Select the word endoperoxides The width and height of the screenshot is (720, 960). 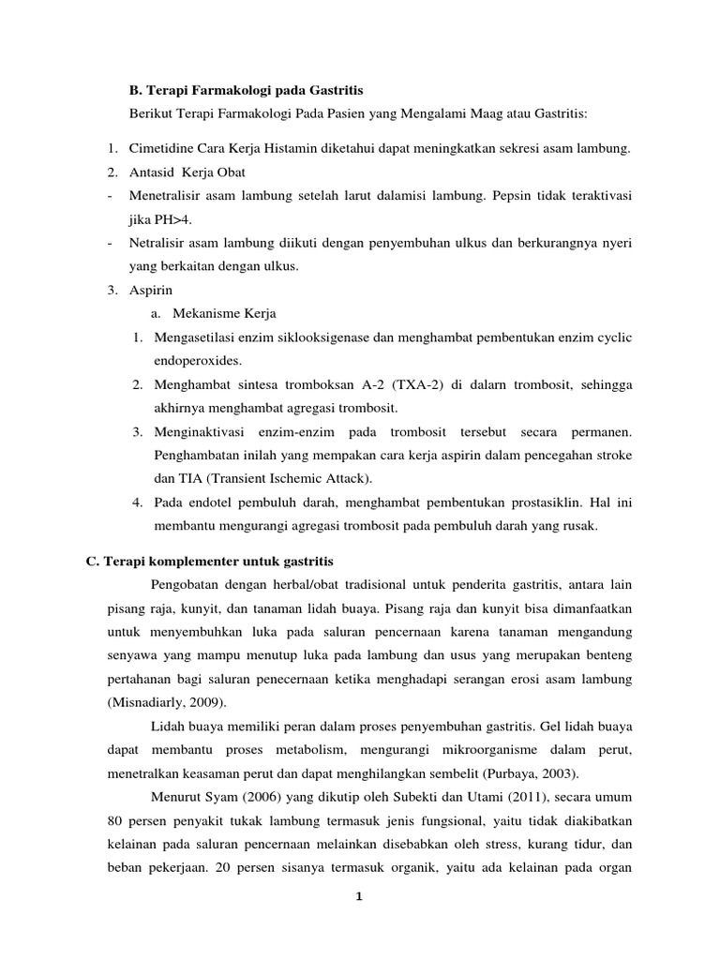[199, 360]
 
